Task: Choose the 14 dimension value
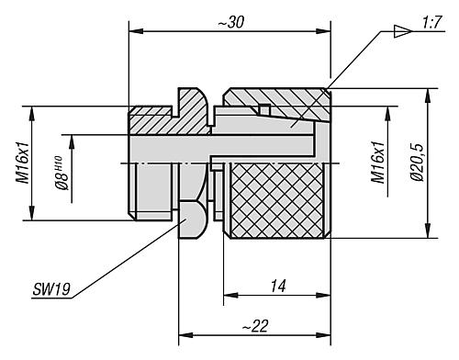276,287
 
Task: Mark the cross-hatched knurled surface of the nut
275,197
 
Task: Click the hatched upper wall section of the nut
275,98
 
